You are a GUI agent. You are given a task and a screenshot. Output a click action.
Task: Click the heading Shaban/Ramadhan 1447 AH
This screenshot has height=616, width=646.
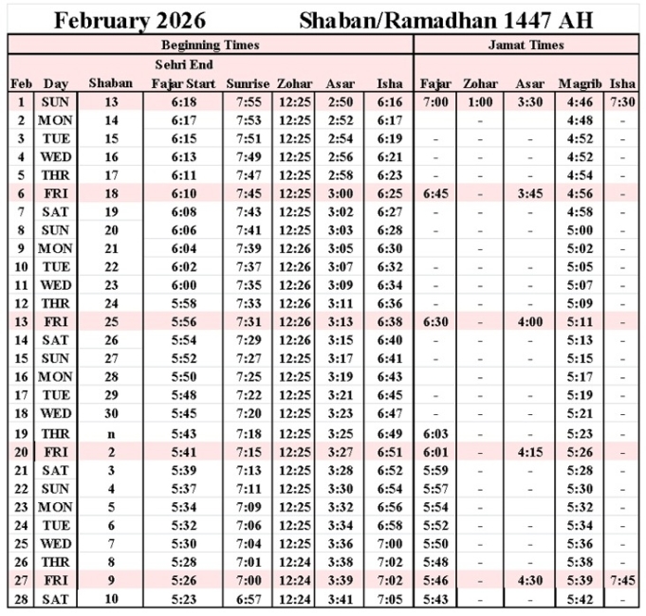click(x=446, y=20)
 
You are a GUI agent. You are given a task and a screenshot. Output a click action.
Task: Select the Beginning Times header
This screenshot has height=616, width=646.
click(x=210, y=45)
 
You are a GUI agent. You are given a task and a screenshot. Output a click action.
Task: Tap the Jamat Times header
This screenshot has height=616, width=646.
click(x=526, y=45)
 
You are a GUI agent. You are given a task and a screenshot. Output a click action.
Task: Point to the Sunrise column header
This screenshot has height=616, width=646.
click(x=249, y=83)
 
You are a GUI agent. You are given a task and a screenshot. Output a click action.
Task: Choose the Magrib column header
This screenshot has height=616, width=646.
click(x=579, y=83)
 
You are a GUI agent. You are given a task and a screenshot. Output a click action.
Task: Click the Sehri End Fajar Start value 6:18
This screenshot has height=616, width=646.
click(x=185, y=102)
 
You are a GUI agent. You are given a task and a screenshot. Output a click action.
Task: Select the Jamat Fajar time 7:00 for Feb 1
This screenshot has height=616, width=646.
click(x=435, y=102)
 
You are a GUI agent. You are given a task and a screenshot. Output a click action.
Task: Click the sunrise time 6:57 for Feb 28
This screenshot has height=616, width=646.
click(x=249, y=600)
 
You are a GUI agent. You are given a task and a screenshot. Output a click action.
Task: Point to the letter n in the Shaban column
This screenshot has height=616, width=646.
click(x=110, y=434)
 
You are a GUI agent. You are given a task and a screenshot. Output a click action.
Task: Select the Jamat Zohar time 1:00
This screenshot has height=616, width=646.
click(x=480, y=102)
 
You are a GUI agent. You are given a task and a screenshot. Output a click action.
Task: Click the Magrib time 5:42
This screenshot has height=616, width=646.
click(x=579, y=600)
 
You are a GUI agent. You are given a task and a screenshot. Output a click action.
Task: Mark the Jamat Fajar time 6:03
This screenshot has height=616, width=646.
click(x=435, y=434)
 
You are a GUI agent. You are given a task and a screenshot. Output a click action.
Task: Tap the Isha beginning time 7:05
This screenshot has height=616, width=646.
click(x=389, y=600)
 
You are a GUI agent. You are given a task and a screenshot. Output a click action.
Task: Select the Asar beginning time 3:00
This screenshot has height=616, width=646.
click(x=341, y=193)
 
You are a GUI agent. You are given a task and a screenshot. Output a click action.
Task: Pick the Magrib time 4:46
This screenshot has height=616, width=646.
click(x=579, y=102)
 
